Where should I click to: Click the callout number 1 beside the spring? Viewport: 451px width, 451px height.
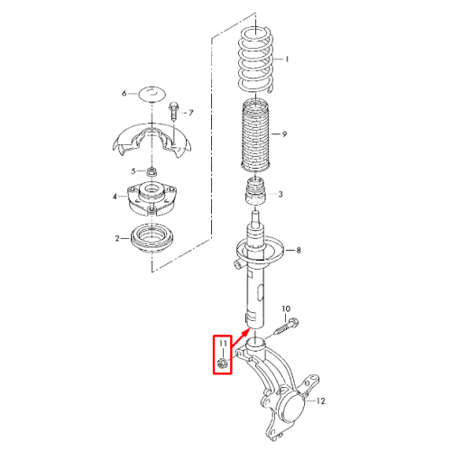[287, 60]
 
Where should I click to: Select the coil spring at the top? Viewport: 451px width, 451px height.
[256, 60]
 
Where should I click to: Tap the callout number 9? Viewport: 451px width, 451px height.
[284, 133]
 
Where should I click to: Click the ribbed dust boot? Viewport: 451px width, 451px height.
[256, 135]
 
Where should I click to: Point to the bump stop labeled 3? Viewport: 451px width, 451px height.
[256, 192]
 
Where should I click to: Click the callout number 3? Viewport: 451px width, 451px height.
[281, 194]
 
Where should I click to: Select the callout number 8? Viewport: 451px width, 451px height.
[299, 250]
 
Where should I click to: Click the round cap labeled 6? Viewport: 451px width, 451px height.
[152, 94]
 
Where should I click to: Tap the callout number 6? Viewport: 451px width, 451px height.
[124, 94]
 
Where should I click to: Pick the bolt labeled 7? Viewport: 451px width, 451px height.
[173, 111]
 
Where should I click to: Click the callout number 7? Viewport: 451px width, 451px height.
[191, 113]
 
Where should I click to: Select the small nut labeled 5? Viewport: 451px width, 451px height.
[152, 172]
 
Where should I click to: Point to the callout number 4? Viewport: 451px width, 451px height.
[115, 197]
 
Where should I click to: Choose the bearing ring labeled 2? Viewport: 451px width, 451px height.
[152, 238]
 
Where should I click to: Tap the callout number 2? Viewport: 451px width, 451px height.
[117, 239]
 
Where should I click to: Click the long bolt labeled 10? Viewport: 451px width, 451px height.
[286, 327]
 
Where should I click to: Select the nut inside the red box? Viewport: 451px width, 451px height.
[223, 364]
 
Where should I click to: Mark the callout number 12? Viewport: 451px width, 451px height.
[321, 400]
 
